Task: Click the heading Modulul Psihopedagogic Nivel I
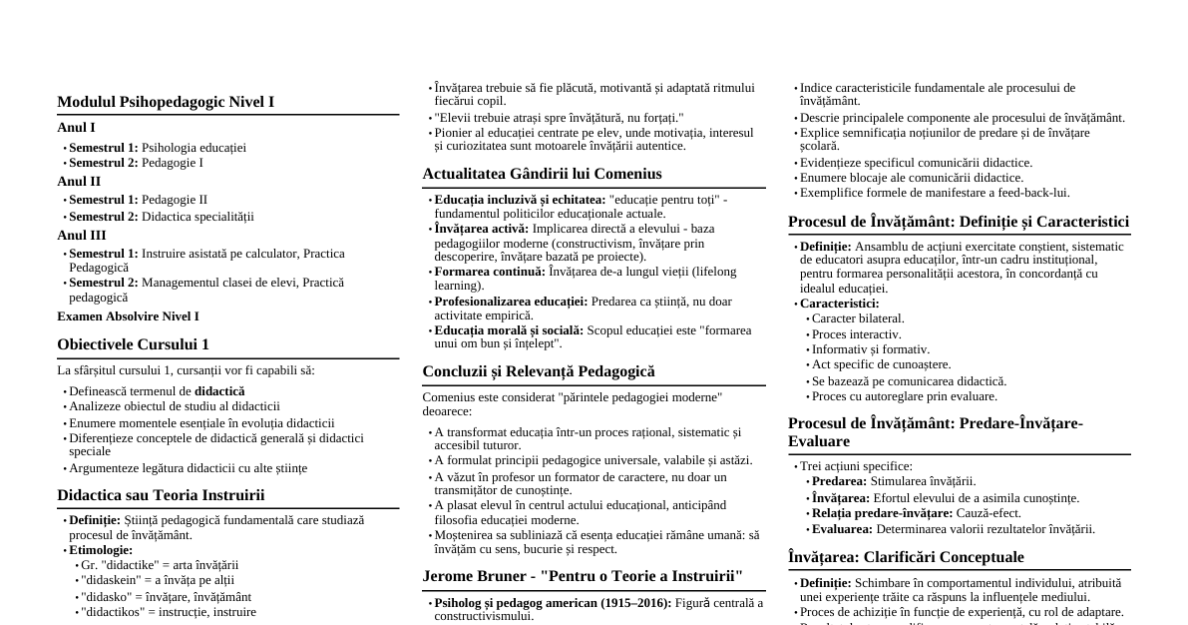[166, 102]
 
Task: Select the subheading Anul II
[79, 182]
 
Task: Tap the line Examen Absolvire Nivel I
[128, 316]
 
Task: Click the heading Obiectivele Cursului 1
[133, 344]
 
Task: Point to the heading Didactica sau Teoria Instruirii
[161, 495]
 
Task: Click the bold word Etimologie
[100, 550]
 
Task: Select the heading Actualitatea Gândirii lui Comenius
[542, 174]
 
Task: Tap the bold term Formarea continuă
[489, 272]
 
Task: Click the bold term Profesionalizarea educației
[511, 302]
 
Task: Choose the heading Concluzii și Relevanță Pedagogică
[539, 371]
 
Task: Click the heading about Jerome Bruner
[583, 576]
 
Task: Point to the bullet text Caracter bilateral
[858, 318]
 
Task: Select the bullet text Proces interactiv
[856, 334]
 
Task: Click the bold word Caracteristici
[839, 304]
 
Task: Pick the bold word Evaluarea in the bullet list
[842, 529]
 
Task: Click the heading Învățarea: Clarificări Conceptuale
[906, 557]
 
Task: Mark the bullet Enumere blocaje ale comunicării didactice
[912, 178]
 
